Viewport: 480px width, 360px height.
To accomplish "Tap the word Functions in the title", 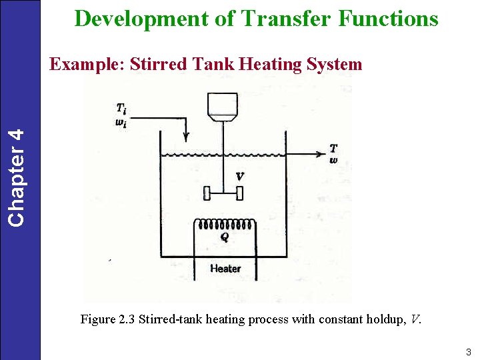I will coord(389,18).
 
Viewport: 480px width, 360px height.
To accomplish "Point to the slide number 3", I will coord(469,353).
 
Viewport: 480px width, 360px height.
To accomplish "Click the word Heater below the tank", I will coord(225,269).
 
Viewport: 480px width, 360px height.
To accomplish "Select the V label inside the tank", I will coord(239,177).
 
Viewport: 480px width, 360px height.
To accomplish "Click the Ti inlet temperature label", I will coord(121,108).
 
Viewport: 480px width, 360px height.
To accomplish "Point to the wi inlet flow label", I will coord(121,123).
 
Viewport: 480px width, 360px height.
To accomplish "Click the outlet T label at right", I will coord(333,148).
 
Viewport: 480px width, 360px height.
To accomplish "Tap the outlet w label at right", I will coord(333,160).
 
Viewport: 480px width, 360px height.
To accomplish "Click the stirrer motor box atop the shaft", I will coord(223,105).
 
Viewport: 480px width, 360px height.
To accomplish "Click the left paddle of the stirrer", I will coord(207,193).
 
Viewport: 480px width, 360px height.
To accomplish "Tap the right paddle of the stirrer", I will coord(240,193).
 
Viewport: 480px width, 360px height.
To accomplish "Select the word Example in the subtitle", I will coord(87,65).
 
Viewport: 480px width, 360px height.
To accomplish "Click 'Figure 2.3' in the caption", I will coord(107,319).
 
